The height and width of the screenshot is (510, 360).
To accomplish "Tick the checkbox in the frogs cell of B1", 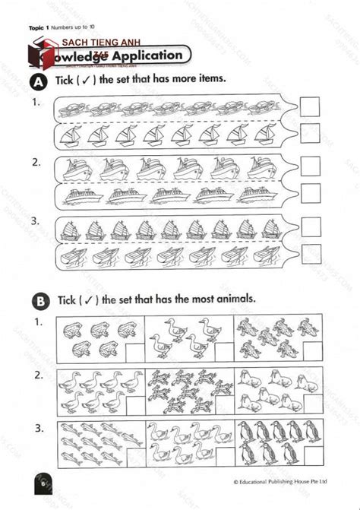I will pos(132,350).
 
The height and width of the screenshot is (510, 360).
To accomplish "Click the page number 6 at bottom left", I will pos(43,483).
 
